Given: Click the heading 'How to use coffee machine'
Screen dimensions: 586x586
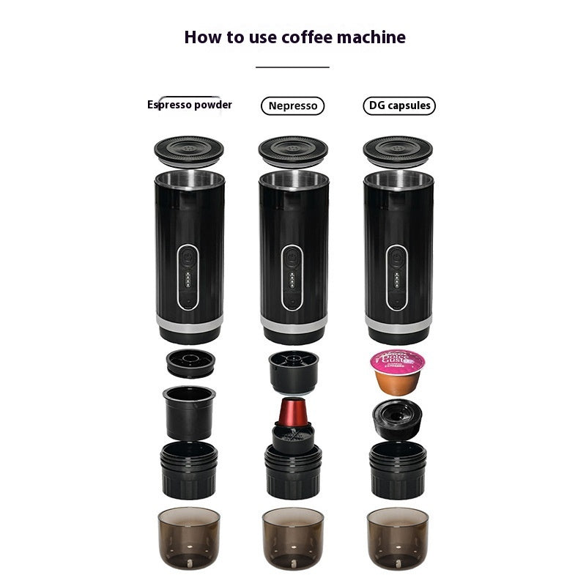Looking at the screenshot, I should [x=294, y=37].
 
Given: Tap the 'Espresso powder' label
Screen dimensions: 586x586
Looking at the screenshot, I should [x=190, y=105].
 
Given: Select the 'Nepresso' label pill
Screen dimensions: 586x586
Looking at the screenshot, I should [x=292, y=105].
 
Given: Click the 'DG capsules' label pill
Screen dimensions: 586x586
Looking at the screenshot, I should [x=398, y=105].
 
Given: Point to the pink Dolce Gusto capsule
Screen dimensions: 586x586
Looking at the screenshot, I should [x=398, y=370].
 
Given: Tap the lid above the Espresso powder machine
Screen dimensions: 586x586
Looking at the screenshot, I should [x=188, y=150].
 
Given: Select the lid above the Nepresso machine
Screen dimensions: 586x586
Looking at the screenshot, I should [x=293, y=150].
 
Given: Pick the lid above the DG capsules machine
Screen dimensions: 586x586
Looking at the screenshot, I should [x=398, y=150].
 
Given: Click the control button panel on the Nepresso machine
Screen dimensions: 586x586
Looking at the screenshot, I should [x=293, y=278].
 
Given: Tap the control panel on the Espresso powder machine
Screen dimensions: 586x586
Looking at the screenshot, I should [x=188, y=278].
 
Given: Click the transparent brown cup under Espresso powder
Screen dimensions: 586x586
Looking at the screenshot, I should [x=188, y=538].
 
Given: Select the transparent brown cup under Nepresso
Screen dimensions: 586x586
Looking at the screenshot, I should [x=293, y=538].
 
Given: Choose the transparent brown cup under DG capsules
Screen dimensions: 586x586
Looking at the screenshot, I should [x=398, y=538].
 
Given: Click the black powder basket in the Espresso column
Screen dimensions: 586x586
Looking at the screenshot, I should [x=188, y=412].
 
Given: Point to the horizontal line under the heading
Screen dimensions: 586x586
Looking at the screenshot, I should [x=293, y=67].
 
